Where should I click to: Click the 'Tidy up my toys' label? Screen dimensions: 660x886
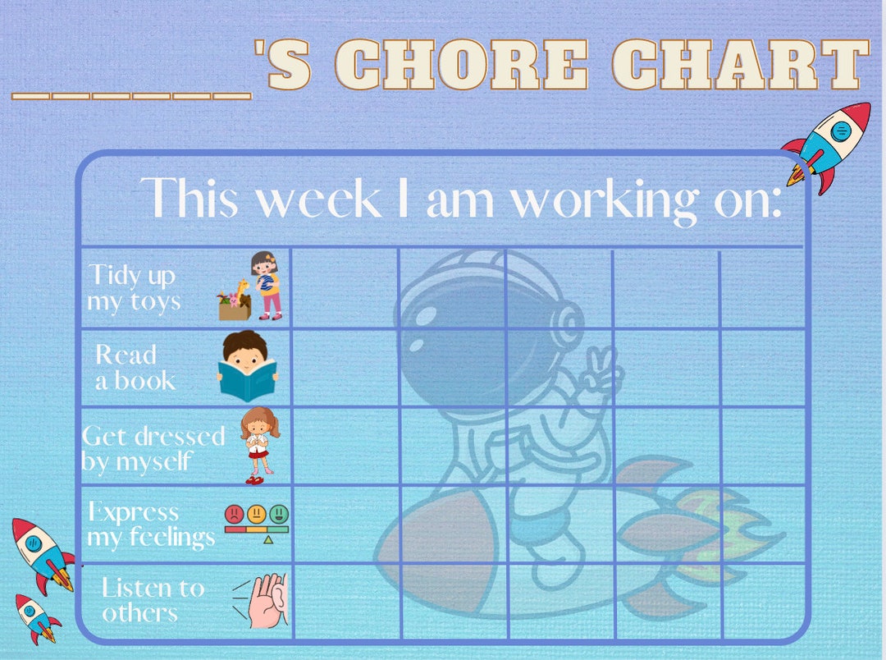point(134,287)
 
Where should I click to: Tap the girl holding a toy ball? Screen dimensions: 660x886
point(266,284)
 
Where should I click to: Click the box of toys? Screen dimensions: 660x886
point(233,304)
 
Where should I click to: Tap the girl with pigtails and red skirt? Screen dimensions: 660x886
point(258,444)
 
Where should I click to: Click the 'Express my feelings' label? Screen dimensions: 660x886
point(151,524)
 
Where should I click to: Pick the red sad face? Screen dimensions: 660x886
point(235,515)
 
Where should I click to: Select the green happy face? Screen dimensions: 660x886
point(279,515)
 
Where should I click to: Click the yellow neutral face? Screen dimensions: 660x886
point(257,515)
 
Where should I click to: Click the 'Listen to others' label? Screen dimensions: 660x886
point(141,600)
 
